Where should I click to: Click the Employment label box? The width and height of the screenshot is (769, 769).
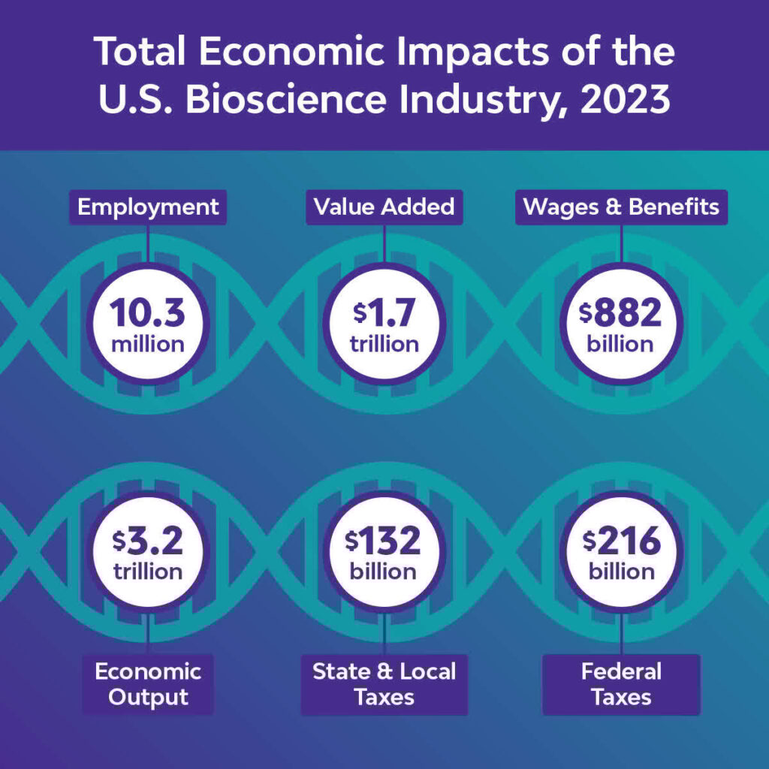click(x=148, y=207)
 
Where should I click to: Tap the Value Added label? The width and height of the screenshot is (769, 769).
click(x=384, y=207)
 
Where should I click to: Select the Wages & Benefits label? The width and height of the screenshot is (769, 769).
click(x=621, y=207)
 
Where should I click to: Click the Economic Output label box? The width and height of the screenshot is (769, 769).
click(x=148, y=683)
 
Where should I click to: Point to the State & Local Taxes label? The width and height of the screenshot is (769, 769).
click(x=384, y=683)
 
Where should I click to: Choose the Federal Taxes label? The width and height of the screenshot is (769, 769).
click(x=621, y=683)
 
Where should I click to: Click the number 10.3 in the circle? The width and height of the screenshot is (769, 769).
click(x=148, y=313)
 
